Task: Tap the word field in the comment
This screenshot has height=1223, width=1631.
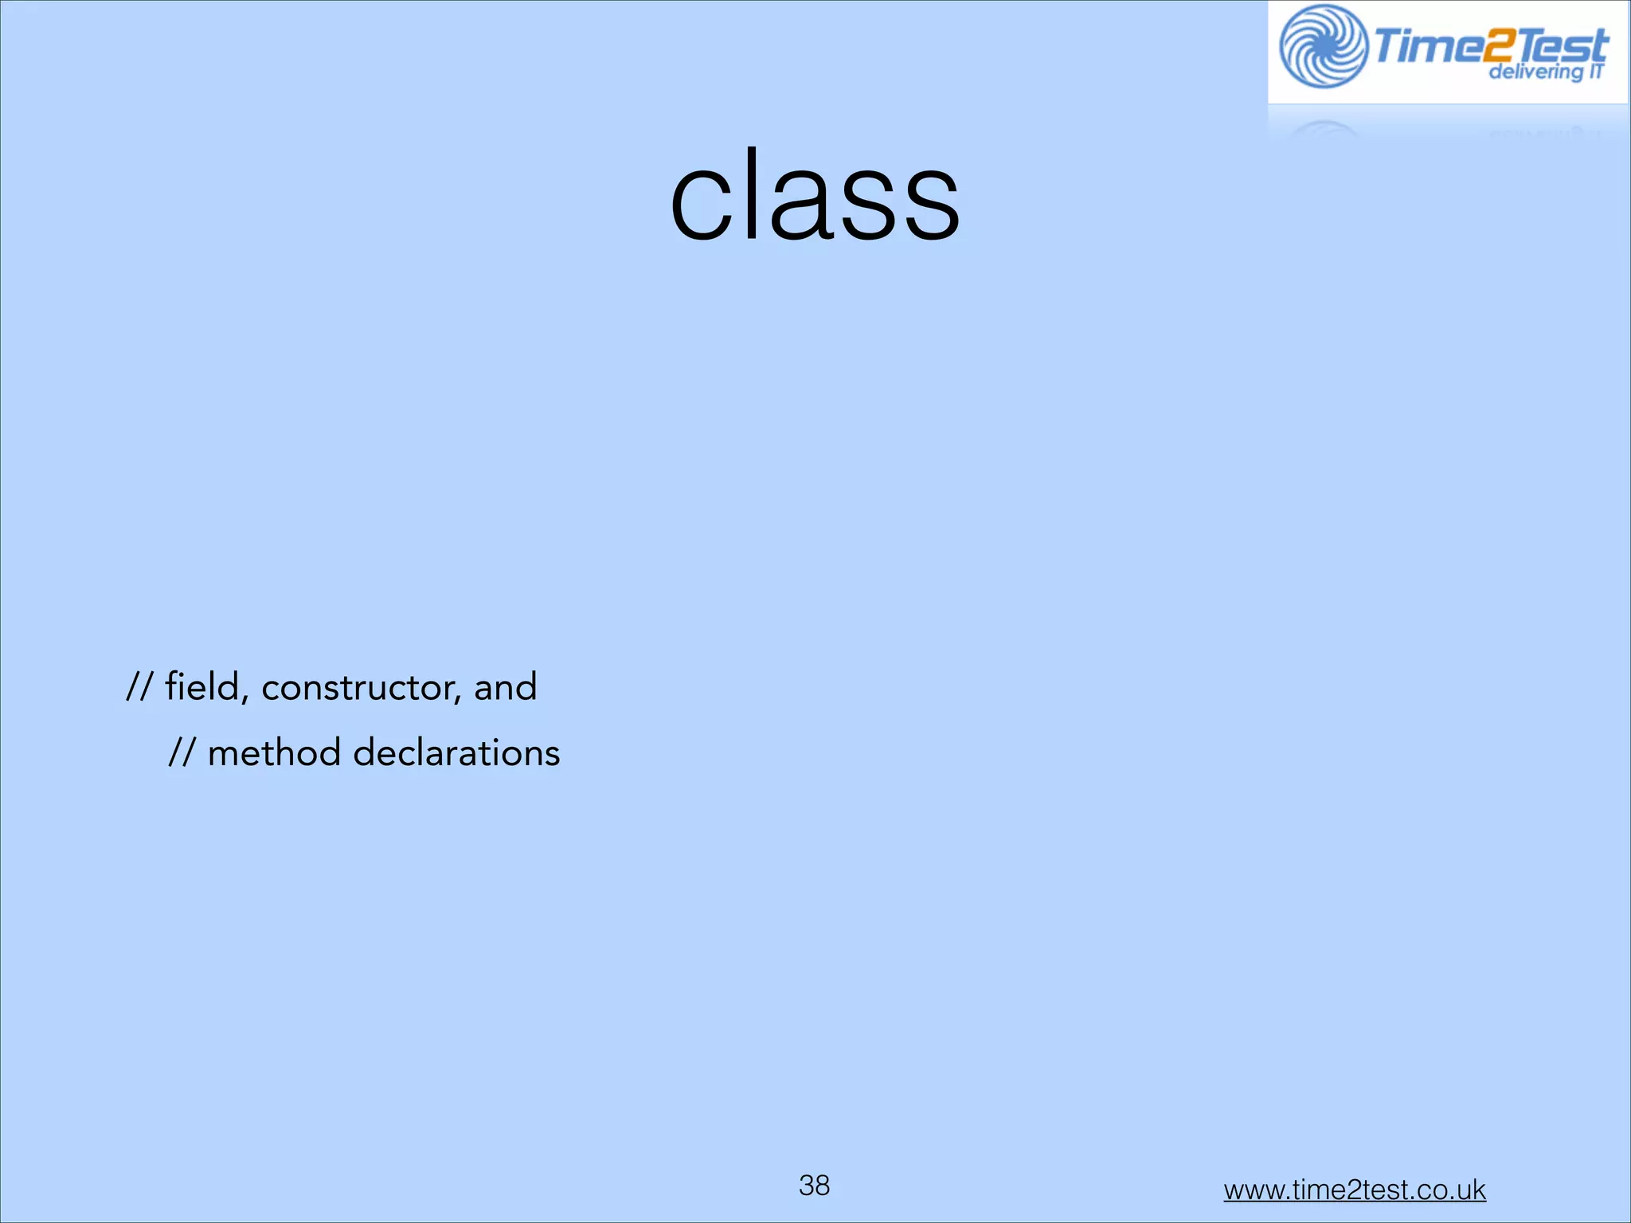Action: click(x=202, y=686)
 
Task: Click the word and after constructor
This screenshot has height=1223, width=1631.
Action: click(x=505, y=686)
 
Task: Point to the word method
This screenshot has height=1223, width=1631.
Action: click(x=274, y=752)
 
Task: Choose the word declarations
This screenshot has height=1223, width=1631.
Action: click(x=456, y=752)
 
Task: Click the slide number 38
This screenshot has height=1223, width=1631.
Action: click(x=814, y=1185)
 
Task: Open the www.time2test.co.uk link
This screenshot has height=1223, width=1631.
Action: click(x=1354, y=1190)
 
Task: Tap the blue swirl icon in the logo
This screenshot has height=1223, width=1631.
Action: click(x=1323, y=46)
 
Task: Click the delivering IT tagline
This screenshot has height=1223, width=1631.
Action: click(x=1545, y=72)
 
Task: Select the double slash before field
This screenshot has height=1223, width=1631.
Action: click(x=139, y=686)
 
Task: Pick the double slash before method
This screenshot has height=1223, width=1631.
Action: click(x=182, y=752)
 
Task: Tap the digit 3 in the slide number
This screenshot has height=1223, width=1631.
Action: click(x=806, y=1185)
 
